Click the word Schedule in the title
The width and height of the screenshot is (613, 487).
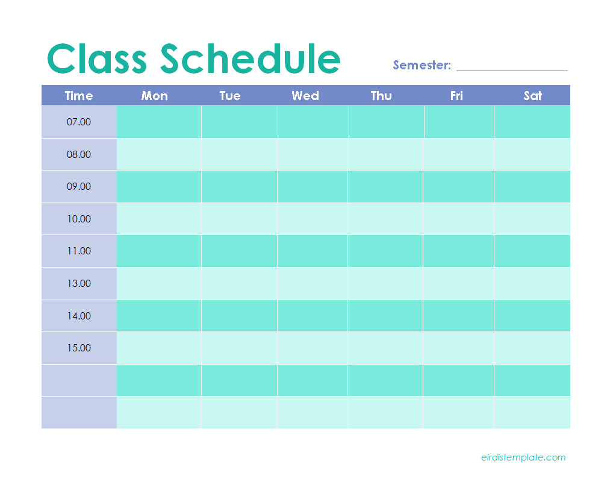click(x=250, y=58)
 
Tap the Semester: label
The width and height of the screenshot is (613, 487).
click(x=422, y=65)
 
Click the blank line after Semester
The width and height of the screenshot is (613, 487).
click(x=512, y=71)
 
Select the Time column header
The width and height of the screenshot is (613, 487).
click(x=79, y=96)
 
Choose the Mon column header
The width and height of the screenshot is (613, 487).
click(x=154, y=96)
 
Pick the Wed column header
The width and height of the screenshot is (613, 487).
click(x=305, y=96)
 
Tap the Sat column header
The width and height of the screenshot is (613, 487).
click(x=532, y=96)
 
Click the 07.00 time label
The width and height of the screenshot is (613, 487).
click(x=78, y=122)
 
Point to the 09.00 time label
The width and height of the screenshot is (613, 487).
click(x=78, y=187)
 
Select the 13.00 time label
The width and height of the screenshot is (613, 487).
click(x=79, y=284)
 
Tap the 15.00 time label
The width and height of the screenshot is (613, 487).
click(x=79, y=348)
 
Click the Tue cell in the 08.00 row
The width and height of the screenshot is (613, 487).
click(x=239, y=154)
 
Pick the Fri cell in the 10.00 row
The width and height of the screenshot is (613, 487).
click(x=459, y=219)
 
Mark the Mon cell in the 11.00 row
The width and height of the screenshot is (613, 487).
click(x=159, y=251)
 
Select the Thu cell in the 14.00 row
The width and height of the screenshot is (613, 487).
click(x=385, y=316)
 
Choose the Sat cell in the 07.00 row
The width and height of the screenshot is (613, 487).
click(x=532, y=122)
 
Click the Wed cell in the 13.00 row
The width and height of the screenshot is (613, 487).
click(x=313, y=284)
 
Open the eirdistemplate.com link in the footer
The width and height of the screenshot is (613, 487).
click(x=523, y=457)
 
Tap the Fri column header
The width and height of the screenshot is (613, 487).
click(x=456, y=96)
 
